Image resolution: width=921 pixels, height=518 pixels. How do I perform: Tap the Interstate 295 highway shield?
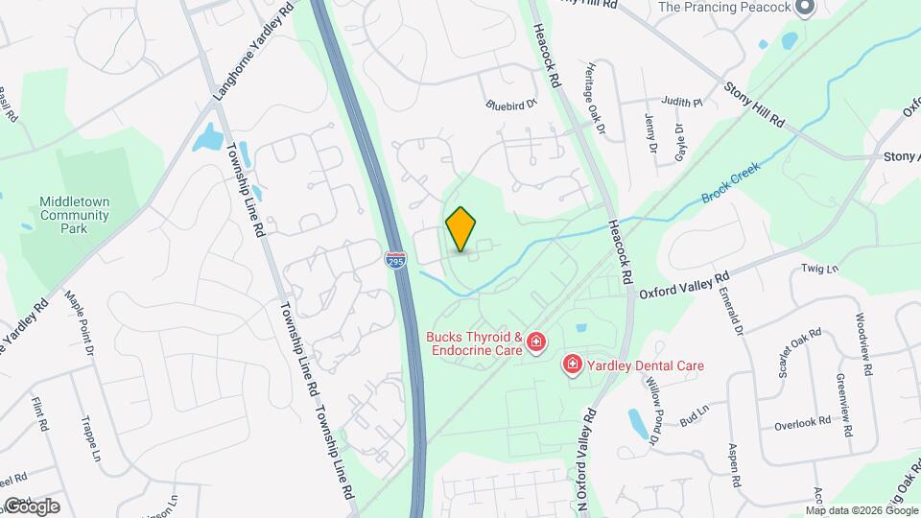[x=394, y=259]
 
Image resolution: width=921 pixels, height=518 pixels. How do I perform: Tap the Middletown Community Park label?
[x=74, y=215]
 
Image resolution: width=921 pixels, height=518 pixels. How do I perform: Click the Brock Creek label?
[x=730, y=180]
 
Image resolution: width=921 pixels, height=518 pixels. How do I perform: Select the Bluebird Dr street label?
[x=509, y=106]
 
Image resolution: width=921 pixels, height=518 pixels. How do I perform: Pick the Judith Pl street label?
[x=683, y=101]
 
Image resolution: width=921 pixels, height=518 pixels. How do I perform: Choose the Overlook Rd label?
[x=799, y=423]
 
